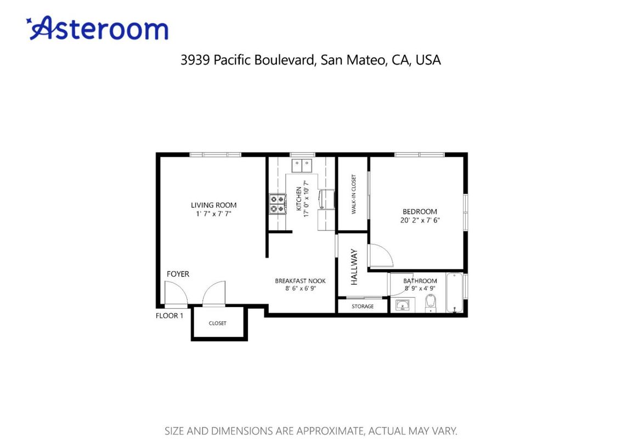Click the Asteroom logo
click(97, 29)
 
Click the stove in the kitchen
click(277, 204)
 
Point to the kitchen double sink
click(301, 163)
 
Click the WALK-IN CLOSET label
click(354, 194)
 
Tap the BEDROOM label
click(420, 211)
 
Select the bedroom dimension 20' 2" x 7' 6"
click(420, 220)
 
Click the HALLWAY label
click(354, 267)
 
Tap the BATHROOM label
click(420, 281)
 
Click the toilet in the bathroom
click(431, 302)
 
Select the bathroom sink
click(403, 305)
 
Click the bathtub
click(454, 293)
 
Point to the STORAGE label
click(363, 306)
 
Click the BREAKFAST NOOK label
click(300, 281)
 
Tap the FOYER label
click(178, 274)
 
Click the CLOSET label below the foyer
click(217, 323)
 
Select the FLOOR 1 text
click(169, 315)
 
